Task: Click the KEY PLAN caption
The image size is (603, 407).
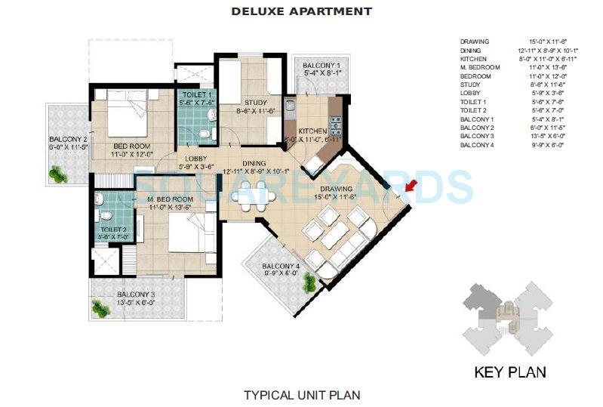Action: (x=509, y=372)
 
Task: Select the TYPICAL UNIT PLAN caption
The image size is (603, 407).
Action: (x=301, y=394)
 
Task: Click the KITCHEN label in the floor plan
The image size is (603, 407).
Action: (x=312, y=131)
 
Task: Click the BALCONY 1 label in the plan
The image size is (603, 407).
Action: (x=321, y=66)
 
